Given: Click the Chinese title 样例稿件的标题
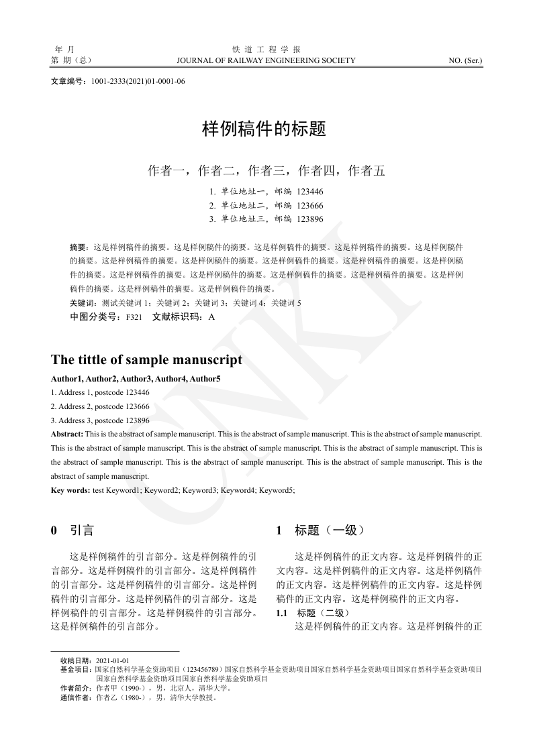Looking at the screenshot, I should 264,129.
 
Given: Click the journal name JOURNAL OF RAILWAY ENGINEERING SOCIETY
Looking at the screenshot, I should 266,60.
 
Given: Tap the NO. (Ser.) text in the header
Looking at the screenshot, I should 465,60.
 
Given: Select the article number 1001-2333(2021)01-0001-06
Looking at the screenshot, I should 138,81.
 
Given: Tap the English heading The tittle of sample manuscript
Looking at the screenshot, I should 146,360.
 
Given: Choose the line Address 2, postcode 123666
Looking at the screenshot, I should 100,406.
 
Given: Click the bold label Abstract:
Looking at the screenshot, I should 67,435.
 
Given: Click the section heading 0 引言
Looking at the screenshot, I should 72,530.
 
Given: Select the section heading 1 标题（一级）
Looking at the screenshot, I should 320,530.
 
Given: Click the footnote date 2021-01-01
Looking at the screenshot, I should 113,660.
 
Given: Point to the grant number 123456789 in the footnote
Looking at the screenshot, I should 203,669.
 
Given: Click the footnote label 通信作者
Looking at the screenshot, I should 77,697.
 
